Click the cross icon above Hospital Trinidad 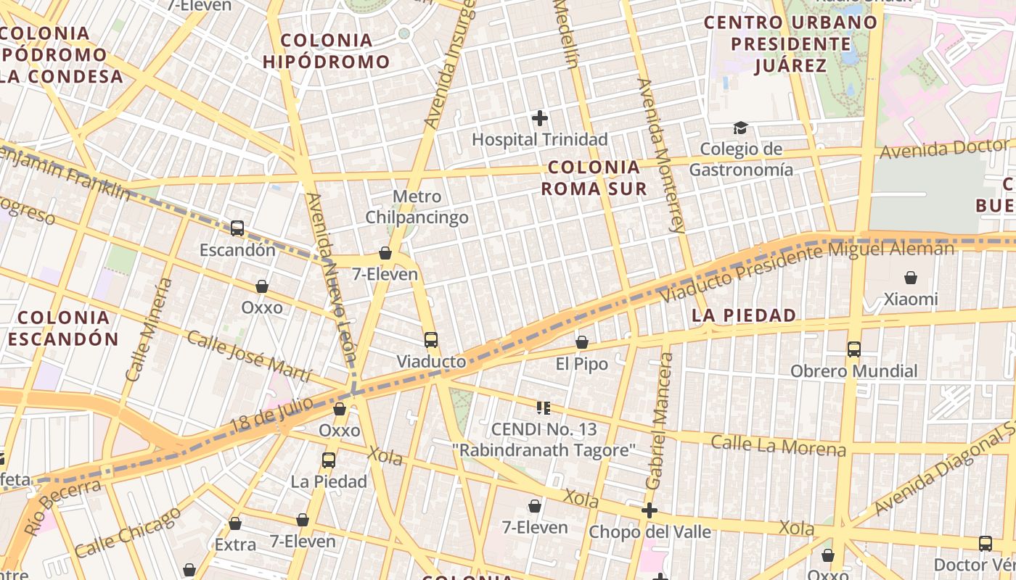[x=540, y=117]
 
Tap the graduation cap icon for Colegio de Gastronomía [x=740, y=128]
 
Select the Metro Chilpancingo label [x=417, y=207]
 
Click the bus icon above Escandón [x=237, y=228]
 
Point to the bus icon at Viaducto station [x=431, y=339]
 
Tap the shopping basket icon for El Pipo [x=581, y=342]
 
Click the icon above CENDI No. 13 [x=544, y=408]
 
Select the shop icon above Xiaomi [x=910, y=278]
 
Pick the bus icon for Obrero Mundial [x=853, y=349]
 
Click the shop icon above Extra [x=235, y=523]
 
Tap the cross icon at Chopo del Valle [x=650, y=510]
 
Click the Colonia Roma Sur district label [x=594, y=178]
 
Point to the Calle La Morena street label [x=778, y=445]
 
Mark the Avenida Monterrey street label [x=660, y=154]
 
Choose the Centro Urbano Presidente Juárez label [x=791, y=44]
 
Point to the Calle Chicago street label [x=128, y=533]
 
